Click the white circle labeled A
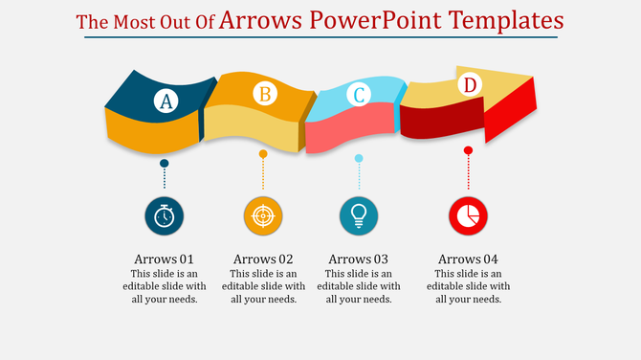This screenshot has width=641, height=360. pos(166,101)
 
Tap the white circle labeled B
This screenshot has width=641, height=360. pos(264,94)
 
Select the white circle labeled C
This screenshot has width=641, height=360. pos(359,94)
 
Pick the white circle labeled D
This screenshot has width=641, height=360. pos(469,85)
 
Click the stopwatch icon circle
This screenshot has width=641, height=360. pos(165,216)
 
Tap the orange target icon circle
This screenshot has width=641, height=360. pos(263,216)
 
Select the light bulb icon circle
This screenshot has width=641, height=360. pos(359,216)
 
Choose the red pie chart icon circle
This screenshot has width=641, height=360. pos(468,216)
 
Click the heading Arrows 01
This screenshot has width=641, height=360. pos(165,259)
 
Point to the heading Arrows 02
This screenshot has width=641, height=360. pos(263,259)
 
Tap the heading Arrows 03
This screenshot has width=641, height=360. pos(358,259)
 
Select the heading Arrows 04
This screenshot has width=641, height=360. pos(468,259)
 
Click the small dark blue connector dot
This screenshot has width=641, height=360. pos(165,164)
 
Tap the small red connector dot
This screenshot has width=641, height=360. pos(468,150)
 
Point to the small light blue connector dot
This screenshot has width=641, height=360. pos(359,158)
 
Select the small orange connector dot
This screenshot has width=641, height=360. pos(263,153)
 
